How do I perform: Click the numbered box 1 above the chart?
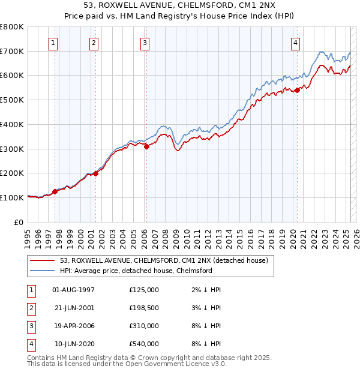55,43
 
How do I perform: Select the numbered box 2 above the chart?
94,43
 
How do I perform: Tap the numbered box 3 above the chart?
145,43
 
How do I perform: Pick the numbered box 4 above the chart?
296,43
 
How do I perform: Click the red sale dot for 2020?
296,91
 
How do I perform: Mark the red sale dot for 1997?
55,191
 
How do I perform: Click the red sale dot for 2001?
95,173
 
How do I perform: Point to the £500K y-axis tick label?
11,100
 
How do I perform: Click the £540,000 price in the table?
144,344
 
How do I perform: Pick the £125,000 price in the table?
144,290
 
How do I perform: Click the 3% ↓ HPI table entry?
209,308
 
